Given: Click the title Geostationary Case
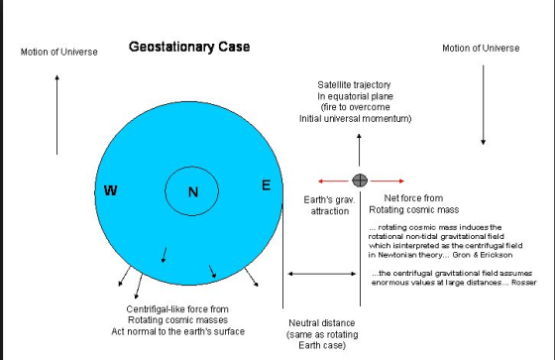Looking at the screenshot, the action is (189, 47).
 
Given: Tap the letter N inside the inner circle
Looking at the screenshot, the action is (193, 192).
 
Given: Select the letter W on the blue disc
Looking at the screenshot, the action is (110, 190).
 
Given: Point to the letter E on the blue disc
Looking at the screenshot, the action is (267, 185).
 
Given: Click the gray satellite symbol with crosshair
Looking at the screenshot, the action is (360, 180).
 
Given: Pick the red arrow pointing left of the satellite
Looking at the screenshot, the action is (333, 181).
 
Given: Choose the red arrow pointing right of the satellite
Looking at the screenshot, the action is (388, 181).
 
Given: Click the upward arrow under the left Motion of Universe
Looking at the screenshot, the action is (57, 115).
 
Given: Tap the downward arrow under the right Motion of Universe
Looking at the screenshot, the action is (483, 105).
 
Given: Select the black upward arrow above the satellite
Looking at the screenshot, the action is (359, 150).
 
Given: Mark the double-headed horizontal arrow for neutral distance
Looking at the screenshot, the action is (322, 274).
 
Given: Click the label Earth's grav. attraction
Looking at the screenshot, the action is (329, 205).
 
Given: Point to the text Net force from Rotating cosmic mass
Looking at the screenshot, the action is (414, 203).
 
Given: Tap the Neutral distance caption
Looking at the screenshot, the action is (322, 334).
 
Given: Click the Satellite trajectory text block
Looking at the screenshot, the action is (356, 102).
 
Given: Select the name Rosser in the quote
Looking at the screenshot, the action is (524, 283).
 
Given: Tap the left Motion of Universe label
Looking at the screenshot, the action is (59, 53).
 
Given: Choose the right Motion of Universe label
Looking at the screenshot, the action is (481, 49).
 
